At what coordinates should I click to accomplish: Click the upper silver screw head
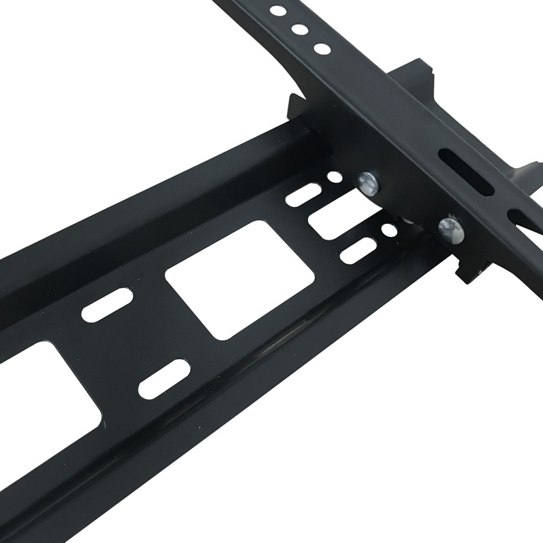[x=369, y=181]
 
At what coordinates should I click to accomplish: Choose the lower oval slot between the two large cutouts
[x=163, y=379]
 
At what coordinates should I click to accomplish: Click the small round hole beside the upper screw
[x=334, y=179]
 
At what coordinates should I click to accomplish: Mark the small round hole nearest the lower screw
[x=389, y=229]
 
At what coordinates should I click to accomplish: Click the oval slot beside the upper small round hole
[x=302, y=194]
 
